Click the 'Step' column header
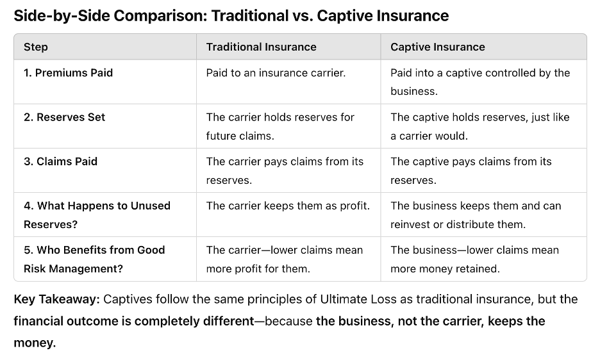coord(36,47)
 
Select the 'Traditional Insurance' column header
coord(261,47)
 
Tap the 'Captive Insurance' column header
coord(438,47)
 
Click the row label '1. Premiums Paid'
coord(68,73)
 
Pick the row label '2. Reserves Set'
coord(64,117)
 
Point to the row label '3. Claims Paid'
coord(60,161)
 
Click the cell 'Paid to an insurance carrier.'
coord(276,73)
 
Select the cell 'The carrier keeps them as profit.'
coord(288,206)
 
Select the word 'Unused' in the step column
coord(152,206)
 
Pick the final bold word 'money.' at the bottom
coord(35,343)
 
